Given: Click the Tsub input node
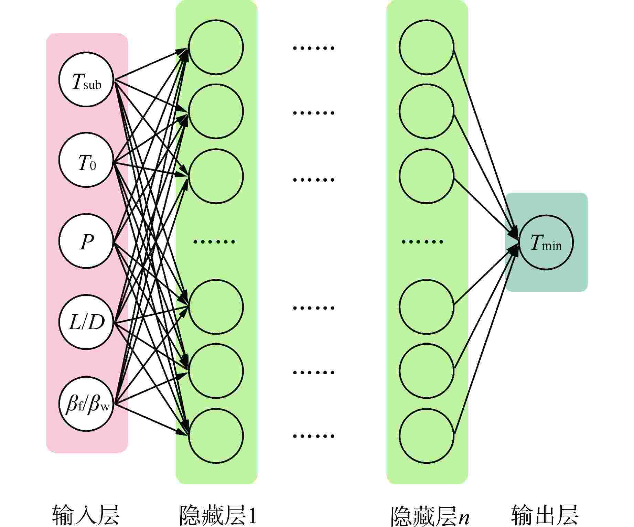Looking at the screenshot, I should (x=86, y=79).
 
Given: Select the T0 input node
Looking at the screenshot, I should (x=86, y=160).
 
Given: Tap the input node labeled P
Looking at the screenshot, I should (x=86, y=241).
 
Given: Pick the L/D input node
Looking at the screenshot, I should (x=86, y=322).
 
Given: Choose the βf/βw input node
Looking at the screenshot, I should (x=86, y=404).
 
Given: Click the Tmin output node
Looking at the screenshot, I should (x=546, y=243).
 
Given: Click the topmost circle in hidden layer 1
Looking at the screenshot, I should (x=216, y=47).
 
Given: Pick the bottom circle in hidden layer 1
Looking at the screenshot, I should (x=216, y=435).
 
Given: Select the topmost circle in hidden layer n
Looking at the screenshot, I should (x=427, y=47).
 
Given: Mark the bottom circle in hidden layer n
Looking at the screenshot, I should (x=427, y=435).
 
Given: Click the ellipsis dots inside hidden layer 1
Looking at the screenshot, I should (x=214, y=241).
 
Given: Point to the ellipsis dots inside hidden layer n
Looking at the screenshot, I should (x=422, y=241).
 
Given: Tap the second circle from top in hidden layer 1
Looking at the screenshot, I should (x=216, y=111).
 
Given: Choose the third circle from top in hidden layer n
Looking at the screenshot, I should (x=427, y=176).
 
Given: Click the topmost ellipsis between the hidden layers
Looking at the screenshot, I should (x=313, y=48).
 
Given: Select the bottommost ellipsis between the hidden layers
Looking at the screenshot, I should (x=313, y=436).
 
